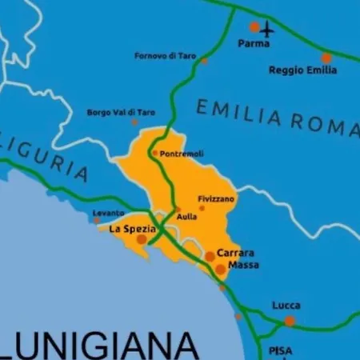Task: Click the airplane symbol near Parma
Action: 266,30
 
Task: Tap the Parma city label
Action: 254,44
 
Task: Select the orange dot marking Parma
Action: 254,26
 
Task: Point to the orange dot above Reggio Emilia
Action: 326,58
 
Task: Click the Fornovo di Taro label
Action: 165,55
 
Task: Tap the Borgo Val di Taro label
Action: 121,113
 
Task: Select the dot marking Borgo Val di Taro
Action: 134,122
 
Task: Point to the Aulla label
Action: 187,217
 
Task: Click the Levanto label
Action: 109,213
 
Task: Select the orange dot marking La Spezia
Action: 142,239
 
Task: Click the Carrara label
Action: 235,253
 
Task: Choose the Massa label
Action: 243,265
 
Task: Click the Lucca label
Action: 286,306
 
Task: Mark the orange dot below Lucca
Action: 290,321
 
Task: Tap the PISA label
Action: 281,350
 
